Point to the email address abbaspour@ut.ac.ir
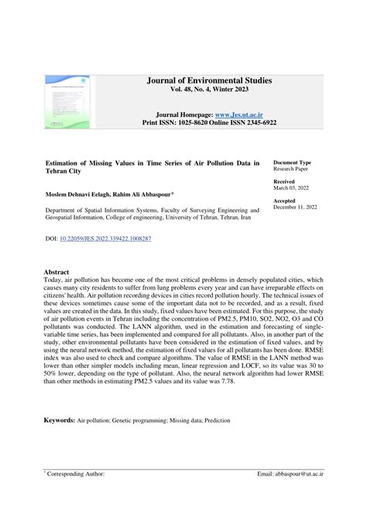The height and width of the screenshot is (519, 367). point(295,473)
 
